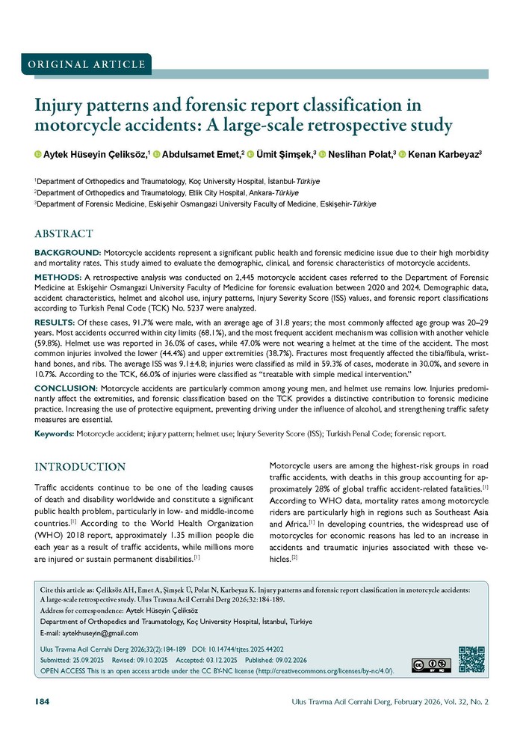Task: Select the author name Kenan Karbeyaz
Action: point(446,154)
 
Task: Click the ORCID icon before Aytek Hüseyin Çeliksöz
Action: point(38,155)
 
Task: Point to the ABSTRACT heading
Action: point(64,234)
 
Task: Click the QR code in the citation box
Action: point(471,659)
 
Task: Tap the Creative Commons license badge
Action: point(430,665)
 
